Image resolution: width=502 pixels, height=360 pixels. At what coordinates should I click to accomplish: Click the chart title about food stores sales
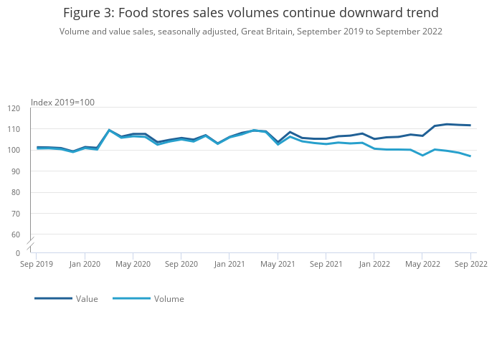(x=250, y=13)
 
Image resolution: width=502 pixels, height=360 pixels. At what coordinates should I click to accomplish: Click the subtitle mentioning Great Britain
(x=250, y=32)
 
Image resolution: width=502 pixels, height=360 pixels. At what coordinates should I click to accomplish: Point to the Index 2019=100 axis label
(x=62, y=103)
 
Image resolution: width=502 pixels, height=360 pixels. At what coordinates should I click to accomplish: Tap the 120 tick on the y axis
(x=14, y=108)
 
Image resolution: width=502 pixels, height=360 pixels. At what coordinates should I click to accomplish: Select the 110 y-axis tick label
(x=14, y=129)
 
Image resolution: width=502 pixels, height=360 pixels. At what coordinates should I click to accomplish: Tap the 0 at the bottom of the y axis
(x=17, y=253)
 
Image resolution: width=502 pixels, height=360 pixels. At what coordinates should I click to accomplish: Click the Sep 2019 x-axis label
(x=36, y=264)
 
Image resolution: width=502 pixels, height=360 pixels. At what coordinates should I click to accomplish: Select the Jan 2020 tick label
(x=85, y=264)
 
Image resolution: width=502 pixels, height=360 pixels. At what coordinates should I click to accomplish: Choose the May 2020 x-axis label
(x=133, y=264)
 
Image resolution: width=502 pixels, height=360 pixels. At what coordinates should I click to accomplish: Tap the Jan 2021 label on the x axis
(x=229, y=264)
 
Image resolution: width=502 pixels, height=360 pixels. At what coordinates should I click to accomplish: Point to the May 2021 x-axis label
(x=278, y=264)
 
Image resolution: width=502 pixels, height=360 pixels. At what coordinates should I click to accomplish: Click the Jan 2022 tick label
(x=374, y=264)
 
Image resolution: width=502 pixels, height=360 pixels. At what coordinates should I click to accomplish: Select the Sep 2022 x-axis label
(x=470, y=264)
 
